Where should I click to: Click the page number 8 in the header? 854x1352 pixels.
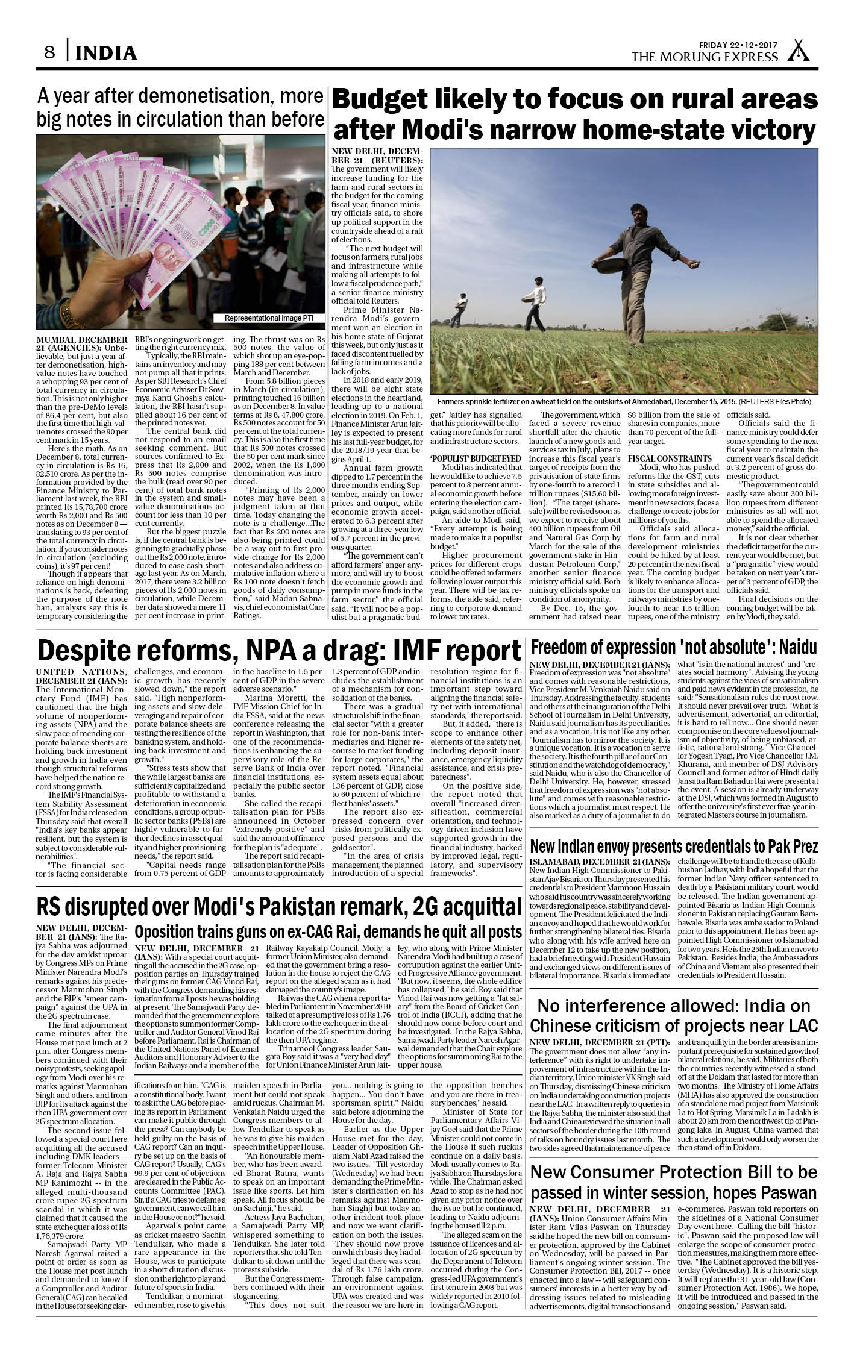click(49, 53)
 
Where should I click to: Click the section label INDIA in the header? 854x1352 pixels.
click(107, 54)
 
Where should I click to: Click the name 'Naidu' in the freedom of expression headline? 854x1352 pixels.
click(797, 648)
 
